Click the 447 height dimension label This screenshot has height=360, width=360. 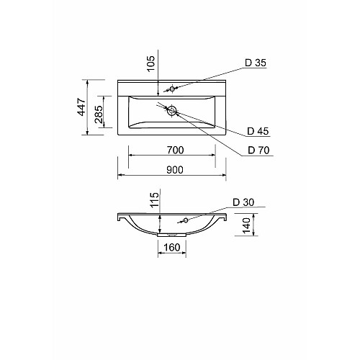point(82,107)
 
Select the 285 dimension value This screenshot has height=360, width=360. point(99,114)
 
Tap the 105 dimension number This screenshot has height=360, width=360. point(151,63)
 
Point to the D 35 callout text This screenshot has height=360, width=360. point(256,63)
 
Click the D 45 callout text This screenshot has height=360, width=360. point(258,131)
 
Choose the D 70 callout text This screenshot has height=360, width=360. point(258,150)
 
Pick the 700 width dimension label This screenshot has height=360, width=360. point(175,150)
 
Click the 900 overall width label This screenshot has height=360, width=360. point(175,170)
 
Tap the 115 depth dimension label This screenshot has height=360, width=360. point(155,199)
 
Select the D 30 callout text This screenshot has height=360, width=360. point(243,202)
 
